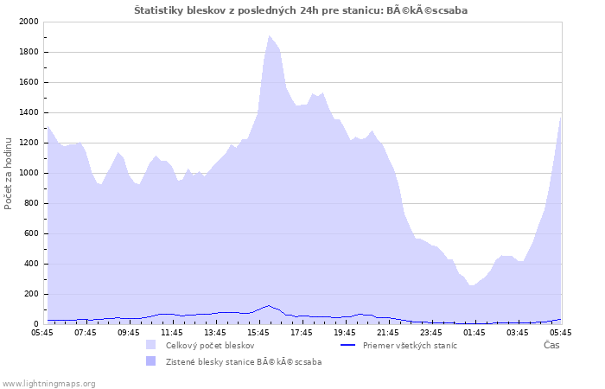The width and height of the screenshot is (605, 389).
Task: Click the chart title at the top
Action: click(x=301, y=10)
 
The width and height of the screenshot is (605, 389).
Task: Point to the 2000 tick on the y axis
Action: click(x=29, y=22)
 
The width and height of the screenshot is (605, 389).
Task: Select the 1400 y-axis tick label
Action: click(x=29, y=112)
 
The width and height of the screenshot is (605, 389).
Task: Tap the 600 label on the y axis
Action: click(x=31, y=233)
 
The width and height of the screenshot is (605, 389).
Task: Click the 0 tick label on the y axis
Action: click(x=36, y=324)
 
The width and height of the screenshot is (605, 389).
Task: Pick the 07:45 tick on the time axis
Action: click(x=86, y=333)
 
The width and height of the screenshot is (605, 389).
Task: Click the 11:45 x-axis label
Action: click(x=172, y=333)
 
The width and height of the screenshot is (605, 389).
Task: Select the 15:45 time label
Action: click(x=258, y=333)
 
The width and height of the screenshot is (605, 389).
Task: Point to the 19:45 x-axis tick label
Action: click(x=345, y=333)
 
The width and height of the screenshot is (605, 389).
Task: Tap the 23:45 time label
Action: click(x=431, y=333)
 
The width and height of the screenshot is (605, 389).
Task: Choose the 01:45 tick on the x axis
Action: click(x=474, y=333)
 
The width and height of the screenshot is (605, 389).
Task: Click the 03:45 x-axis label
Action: click(x=518, y=333)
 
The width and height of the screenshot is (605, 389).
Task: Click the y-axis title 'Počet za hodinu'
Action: click(x=8, y=174)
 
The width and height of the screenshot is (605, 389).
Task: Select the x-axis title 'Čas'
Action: click(x=551, y=345)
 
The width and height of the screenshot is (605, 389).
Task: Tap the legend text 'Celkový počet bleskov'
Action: click(x=210, y=346)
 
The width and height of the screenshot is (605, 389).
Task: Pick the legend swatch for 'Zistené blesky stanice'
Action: click(x=151, y=361)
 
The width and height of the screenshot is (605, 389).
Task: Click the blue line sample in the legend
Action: click(x=347, y=345)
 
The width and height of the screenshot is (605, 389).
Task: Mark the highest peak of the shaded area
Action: click(x=270, y=36)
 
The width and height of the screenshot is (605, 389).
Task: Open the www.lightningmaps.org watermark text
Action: click(x=48, y=384)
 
